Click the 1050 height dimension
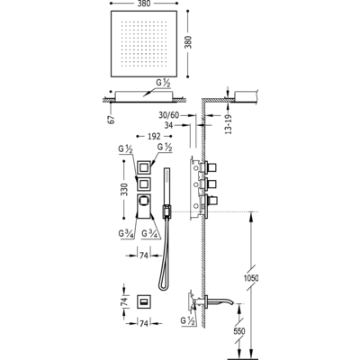pos(253,278)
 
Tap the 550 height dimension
pos(239,331)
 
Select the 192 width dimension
pos(154,136)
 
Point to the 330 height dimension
pos(124,190)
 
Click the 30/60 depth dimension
pos(169,115)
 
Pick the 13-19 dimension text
pos(229,123)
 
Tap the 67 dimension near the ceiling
pos(112,120)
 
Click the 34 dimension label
pos(168,125)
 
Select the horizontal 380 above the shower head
pos(145,4)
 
